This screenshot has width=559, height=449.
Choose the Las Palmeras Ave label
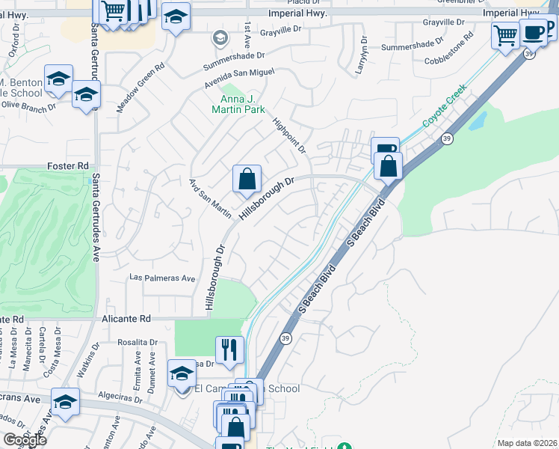162,278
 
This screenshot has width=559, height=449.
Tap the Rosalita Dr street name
137,342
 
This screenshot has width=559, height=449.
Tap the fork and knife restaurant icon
229,349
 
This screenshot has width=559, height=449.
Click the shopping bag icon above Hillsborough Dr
247,180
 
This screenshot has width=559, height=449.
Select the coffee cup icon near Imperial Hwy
534,33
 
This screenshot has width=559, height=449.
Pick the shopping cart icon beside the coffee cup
506,34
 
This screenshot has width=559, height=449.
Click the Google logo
25,440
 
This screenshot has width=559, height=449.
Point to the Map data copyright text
527,443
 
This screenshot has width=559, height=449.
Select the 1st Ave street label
247,31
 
